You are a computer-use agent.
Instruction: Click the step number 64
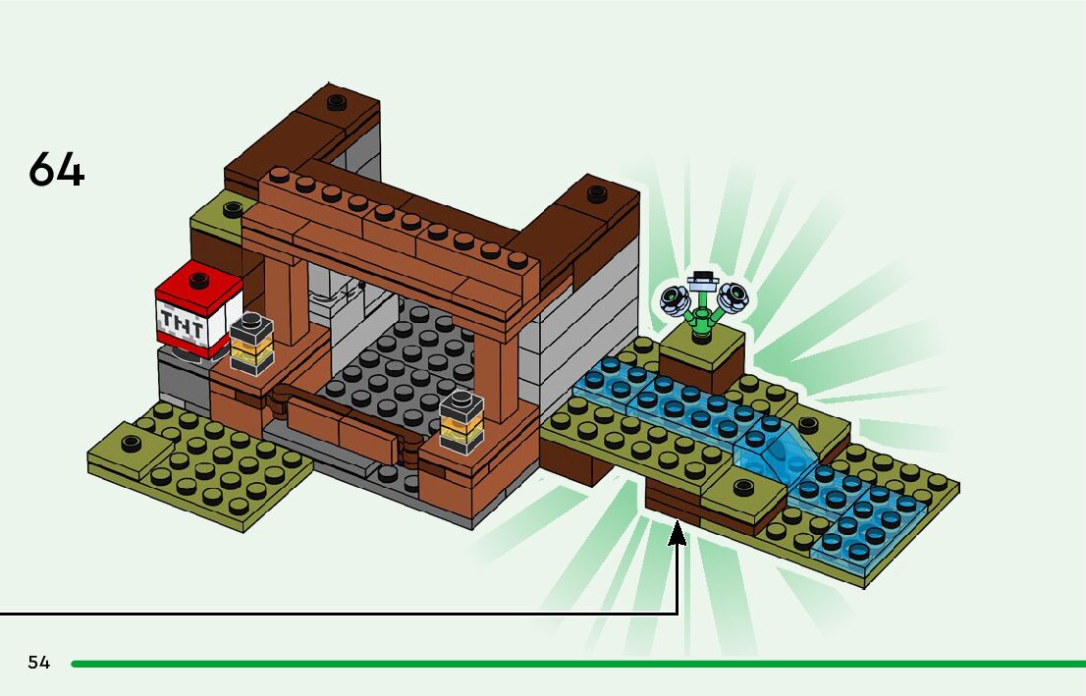(x=57, y=171)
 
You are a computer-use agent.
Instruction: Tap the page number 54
(x=39, y=663)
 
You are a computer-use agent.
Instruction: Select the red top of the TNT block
(x=199, y=285)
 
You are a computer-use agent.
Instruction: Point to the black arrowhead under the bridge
(x=678, y=534)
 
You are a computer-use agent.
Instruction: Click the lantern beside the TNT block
(x=252, y=343)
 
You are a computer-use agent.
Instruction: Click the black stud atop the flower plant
(x=702, y=277)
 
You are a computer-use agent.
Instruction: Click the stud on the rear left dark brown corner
(x=336, y=101)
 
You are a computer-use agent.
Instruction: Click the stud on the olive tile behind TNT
(x=233, y=208)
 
